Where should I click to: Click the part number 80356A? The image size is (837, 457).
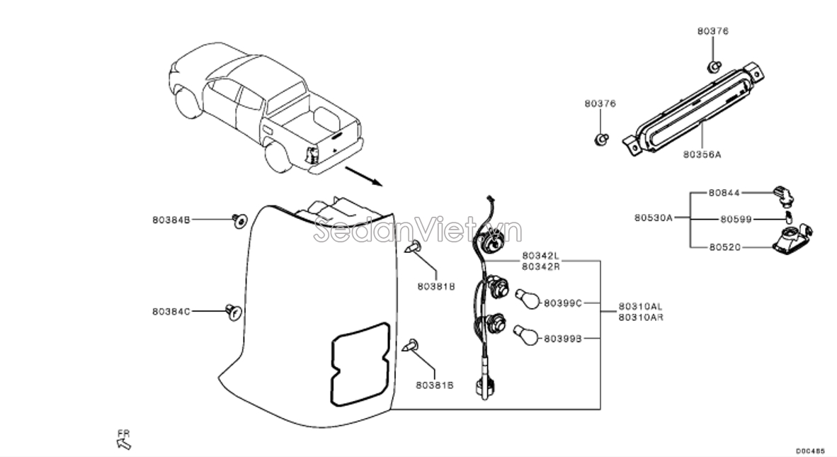[702, 153]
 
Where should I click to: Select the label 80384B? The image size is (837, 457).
[171, 220]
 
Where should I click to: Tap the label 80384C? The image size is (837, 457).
[171, 311]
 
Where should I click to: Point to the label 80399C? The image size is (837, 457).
[562, 303]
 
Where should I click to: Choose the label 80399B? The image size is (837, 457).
[562, 339]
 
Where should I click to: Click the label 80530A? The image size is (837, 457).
[653, 219]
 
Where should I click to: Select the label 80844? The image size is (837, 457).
[723, 192]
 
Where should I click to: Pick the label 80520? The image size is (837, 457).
[723, 247]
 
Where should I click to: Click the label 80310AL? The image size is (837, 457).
[640, 306]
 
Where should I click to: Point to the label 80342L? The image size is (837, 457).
[540, 255]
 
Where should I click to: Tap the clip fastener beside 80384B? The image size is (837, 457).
[239, 221]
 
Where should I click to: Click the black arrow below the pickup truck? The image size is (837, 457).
[363, 176]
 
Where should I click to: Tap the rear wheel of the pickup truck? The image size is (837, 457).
[277, 159]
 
